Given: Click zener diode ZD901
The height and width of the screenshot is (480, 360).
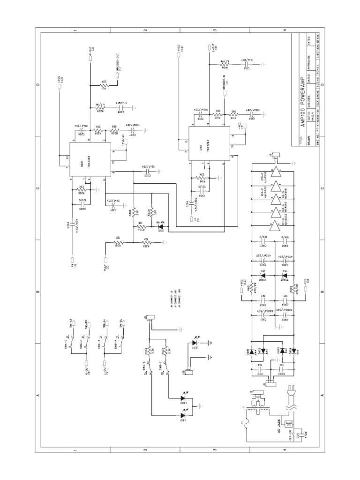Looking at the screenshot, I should pos(264,274).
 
